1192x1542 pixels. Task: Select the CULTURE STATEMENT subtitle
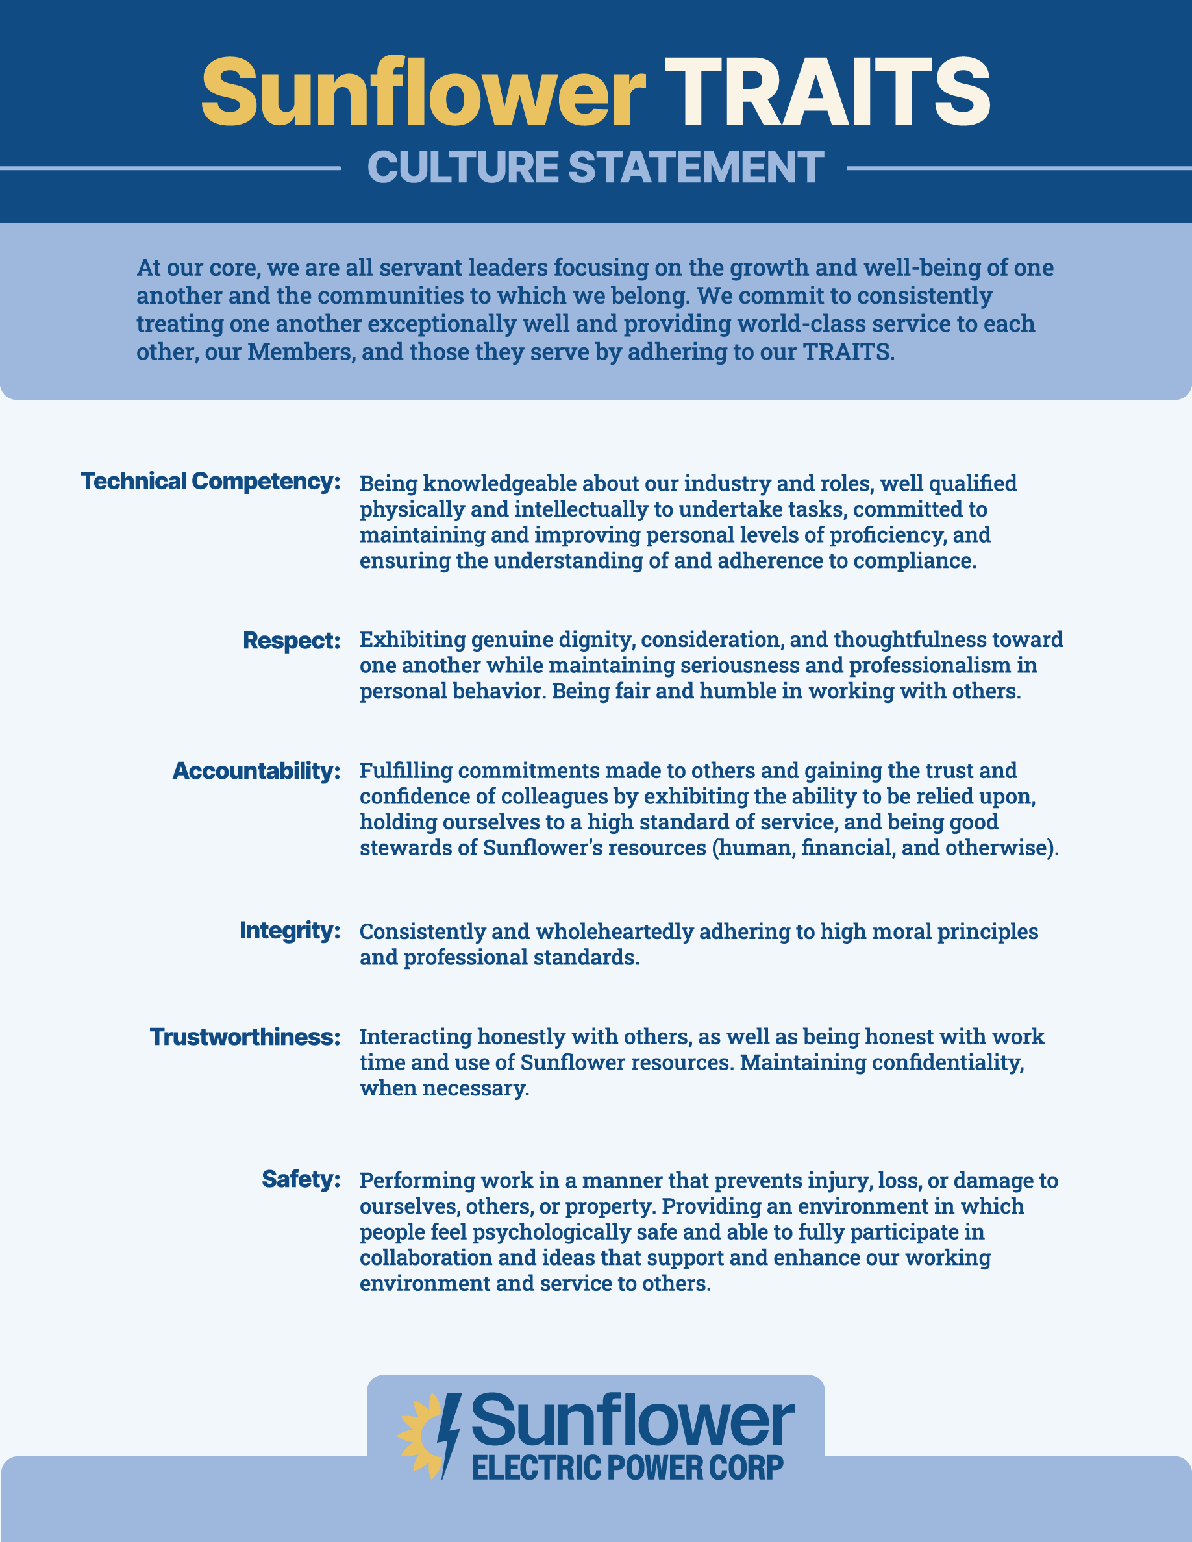coord(595,167)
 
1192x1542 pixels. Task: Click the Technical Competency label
coord(210,482)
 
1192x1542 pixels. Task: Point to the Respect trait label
coord(291,641)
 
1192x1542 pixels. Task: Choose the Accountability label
coord(256,771)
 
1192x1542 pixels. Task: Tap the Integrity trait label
coord(290,931)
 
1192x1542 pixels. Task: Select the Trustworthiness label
coord(245,1037)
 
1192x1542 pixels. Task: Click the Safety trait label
coord(301,1179)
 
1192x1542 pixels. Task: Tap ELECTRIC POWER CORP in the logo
coord(627,1468)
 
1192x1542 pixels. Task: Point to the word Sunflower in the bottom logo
coord(633,1421)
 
